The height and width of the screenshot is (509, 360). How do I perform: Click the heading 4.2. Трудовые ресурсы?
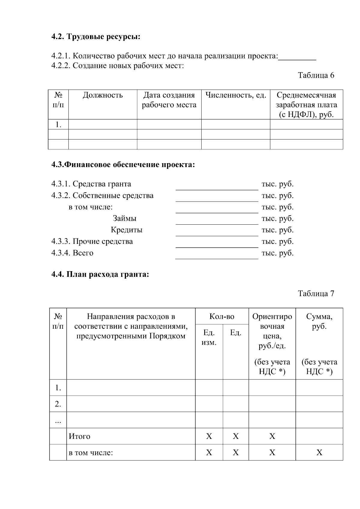click(96, 37)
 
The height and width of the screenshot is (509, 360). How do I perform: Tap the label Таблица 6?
click(316, 75)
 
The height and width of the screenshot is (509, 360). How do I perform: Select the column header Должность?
click(103, 95)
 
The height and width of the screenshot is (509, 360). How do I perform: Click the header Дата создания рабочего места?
click(169, 100)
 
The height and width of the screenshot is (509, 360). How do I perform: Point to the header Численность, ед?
click(235, 95)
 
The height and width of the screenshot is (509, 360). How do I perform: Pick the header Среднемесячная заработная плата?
click(306, 105)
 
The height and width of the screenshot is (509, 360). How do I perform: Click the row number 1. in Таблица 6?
click(58, 124)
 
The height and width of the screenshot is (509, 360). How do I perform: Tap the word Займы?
click(124, 218)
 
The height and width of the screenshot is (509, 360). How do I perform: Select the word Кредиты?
click(126, 230)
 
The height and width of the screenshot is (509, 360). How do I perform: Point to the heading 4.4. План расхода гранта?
click(100, 274)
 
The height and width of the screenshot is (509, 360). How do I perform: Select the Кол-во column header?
click(222, 316)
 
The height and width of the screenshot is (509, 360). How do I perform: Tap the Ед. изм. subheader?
click(209, 337)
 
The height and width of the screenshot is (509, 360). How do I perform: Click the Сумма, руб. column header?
click(319, 321)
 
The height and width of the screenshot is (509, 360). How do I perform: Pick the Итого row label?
click(79, 436)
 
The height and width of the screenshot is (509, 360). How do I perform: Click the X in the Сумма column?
click(319, 452)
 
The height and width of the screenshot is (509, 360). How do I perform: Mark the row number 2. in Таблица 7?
click(58, 404)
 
